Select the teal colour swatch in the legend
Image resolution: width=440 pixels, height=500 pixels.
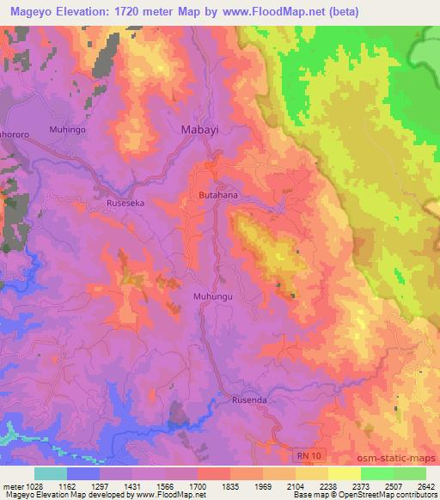click(51, 473)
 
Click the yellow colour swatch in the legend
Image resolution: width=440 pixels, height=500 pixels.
click(344, 473)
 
